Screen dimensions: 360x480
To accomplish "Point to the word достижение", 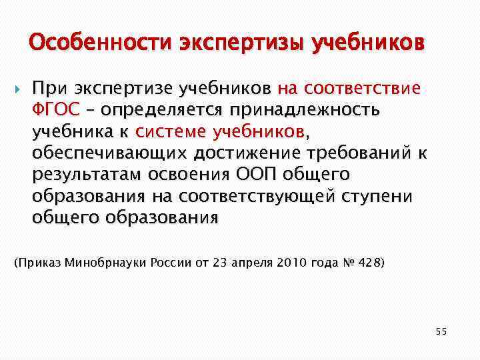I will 251,153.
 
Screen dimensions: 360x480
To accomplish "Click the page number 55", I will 441,331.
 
